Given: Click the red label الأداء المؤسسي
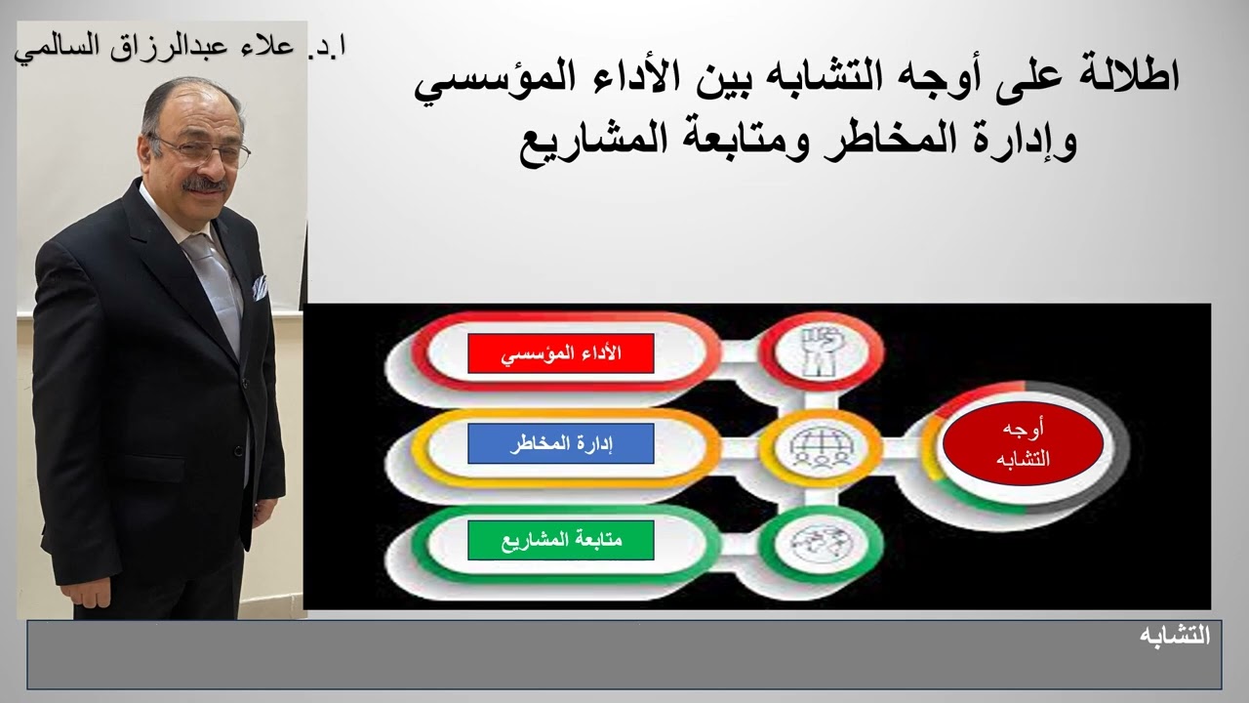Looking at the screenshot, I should point(560,353).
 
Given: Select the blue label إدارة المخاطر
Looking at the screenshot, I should point(560,443).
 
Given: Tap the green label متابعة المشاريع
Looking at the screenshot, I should point(560,540).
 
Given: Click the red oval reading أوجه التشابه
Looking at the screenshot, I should point(1022,444).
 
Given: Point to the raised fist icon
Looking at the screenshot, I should point(818,352).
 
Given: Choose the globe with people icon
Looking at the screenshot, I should point(818,447).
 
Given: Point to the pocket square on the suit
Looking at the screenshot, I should point(260,286).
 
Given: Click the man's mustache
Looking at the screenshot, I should point(206,183).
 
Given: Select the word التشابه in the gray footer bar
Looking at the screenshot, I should point(1175,636).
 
